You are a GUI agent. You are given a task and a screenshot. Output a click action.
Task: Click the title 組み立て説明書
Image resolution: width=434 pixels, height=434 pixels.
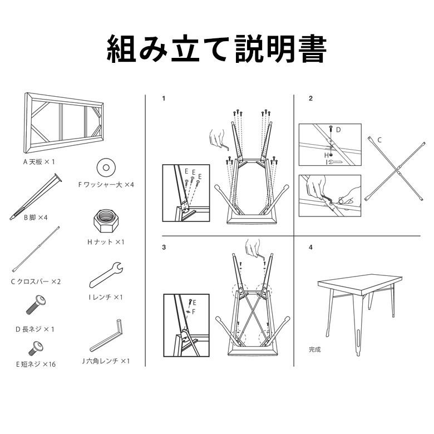pos(216,50)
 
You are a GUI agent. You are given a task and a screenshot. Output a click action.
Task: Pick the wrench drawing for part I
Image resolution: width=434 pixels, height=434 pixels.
pos(106,272)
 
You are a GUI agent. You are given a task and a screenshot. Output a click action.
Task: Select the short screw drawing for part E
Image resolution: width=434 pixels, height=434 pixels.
pos(35,349)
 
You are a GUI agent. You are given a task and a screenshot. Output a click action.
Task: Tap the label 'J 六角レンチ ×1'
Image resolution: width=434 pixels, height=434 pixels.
pos(106,361)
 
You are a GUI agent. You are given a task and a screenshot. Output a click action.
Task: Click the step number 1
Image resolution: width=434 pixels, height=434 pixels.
pos(164,98)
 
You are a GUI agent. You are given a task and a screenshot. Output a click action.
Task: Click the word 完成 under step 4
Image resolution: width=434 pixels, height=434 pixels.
pos(315,350)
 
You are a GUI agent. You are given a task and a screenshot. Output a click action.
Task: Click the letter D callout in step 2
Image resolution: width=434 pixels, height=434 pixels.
pos(338,129)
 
